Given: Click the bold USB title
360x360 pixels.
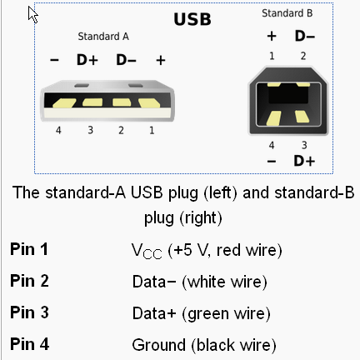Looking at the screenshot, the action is pos(192,19).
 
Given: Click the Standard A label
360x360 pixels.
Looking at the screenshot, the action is pos(103,37).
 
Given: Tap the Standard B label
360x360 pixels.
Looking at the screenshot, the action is pos(287,13).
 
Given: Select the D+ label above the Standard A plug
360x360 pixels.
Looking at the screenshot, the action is pos(87,60).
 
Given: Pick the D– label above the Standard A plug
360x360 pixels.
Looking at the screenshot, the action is pos(126,60).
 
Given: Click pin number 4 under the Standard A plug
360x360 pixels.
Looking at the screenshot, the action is pos(58,130).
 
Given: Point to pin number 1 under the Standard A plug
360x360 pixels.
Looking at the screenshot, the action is pos(152,130).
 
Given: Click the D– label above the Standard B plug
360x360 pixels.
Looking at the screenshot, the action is pos(305,36).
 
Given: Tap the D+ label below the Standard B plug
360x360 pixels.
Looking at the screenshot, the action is pos(304,161).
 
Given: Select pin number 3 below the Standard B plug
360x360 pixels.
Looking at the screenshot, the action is pos(304,145).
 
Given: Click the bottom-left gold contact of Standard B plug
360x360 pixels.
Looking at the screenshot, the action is pos(274,117).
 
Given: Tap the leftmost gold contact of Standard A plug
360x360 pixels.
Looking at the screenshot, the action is pos(64,103).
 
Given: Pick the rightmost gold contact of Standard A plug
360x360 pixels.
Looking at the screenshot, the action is pos(149,102).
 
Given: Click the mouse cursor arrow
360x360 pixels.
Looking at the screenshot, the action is pos(32,15).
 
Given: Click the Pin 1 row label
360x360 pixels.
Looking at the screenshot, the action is pos(29,249).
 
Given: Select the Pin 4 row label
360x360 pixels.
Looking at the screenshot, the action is pos(29,344).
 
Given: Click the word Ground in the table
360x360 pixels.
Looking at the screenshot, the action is pos(158,345).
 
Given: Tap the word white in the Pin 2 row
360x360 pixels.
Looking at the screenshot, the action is pos(207,282).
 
